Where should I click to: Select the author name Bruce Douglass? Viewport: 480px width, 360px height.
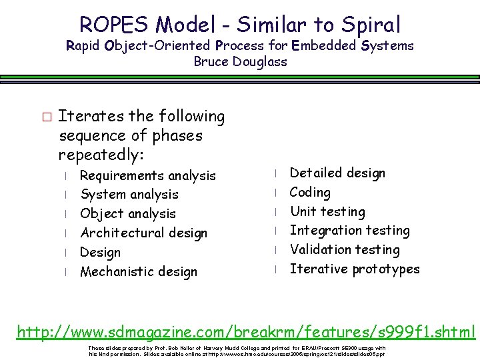pyautogui.click(x=240, y=62)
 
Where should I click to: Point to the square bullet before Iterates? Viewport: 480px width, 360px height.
pyautogui.click(x=45, y=117)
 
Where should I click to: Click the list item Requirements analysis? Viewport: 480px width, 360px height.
pyautogui.click(x=147, y=175)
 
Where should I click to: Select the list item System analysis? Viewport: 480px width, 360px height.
pyautogui.click(x=129, y=195)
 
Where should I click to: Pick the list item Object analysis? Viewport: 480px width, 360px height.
pyautogui.click(x=127, y=214)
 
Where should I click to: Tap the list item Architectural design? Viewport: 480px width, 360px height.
pyautogui.click(x=143, y=233)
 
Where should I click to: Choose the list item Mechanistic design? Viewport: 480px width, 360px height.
pyautogui.click(x=138, y=271)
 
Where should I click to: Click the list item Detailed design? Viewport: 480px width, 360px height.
pyautogui.click(x=337, y=173)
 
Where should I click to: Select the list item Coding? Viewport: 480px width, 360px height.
pyautogui.click(x=310, y=193)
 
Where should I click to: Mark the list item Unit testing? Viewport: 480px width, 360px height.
pyautogui.click(x=327, y=212)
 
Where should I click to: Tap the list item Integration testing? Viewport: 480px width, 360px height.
pyautogui.click(x=349, y=231)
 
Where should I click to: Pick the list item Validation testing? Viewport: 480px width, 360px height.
pyautogui.click(x=345, y=250)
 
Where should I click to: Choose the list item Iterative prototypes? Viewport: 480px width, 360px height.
pyautogui.click(x=355, y=269)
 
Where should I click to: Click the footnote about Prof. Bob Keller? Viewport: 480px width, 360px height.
pyautogui.click(x=237, y=351)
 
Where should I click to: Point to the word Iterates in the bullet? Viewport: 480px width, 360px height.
pyautogui.click(x=84, y=116)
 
